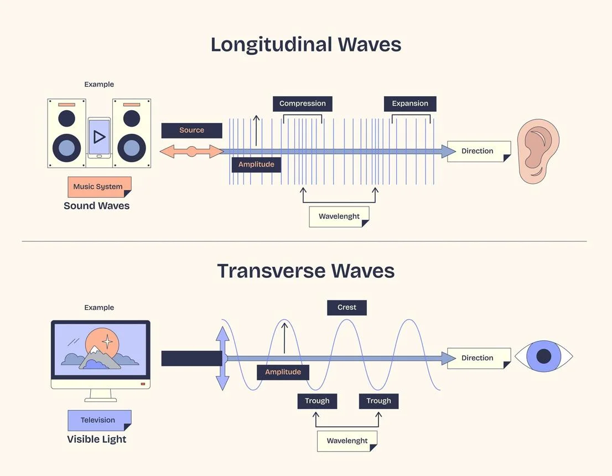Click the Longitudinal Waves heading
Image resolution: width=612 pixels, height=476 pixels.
tap(305, 44)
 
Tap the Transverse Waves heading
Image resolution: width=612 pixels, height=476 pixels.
tap(305, 271)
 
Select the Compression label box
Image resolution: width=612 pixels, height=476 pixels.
tap(302, 104)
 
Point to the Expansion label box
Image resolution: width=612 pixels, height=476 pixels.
tap(410, 104)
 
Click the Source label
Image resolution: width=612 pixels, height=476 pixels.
tap(191, 130)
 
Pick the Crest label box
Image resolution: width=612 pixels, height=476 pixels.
tap(347, 308)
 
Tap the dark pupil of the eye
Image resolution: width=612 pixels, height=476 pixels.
tap(544, 356)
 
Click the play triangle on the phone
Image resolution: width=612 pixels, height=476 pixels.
tap(100, 137)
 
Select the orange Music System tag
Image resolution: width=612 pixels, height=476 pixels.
tap(98, 187)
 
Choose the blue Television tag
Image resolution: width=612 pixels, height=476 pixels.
tap(98, 420)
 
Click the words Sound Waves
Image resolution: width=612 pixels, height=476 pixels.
tap(97, 206)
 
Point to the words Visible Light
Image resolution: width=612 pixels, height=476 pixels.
tap(97, 439)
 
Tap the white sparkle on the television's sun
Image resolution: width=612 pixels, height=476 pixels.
tap(108, 342)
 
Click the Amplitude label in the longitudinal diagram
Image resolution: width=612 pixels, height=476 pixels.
tap(256, 164)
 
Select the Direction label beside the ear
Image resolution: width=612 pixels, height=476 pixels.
tap(478, 151)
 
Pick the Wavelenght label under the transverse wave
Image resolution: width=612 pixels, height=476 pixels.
tap(347, 441)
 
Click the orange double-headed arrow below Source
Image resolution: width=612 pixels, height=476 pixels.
tap(191, 151)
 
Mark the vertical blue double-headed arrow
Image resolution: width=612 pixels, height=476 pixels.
tap(222, 359)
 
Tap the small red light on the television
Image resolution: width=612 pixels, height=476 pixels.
tap(143, 384)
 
